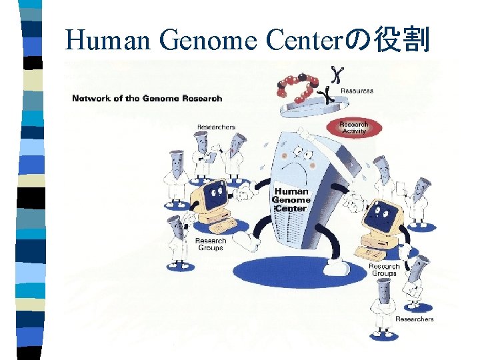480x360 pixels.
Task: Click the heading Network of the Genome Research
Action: [147, 99]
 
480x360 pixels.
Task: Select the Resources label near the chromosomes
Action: [357, 91]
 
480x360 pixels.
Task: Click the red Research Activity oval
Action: [353, 127]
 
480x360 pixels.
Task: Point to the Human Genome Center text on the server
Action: [291, 199]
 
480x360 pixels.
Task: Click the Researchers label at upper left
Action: [215, 127]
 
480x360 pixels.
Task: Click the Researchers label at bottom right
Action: [414, 319]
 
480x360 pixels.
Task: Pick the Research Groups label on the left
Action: [210, 244]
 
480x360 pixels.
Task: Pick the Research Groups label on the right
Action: [384, 270]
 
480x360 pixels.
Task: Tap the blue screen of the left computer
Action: [214, 195]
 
